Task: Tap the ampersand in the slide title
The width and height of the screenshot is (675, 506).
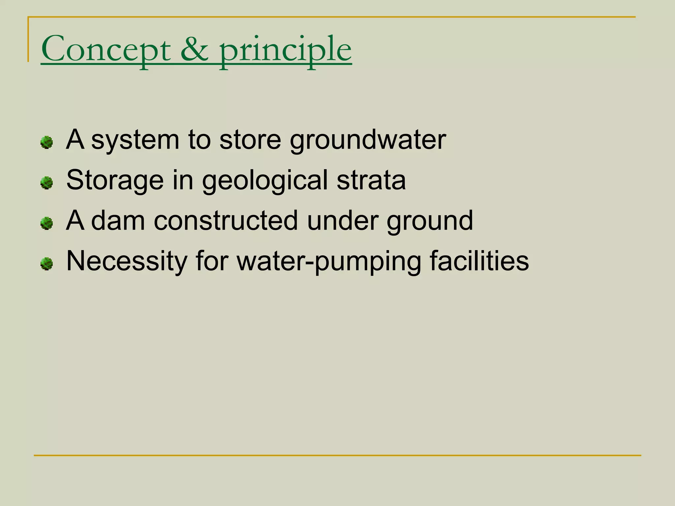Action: coord(194,49)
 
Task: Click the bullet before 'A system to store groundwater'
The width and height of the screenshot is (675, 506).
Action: coord(46,142)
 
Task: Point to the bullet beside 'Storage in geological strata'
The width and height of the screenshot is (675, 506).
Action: coord(46,183)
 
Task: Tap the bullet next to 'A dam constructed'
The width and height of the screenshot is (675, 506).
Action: coord(46,223)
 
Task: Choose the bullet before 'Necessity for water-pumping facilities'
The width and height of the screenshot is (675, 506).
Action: coord(46,264)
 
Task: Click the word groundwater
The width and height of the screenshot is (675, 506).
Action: coord(368,140)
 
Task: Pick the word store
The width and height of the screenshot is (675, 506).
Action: coord(250,140)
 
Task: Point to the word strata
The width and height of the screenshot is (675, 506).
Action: coord(371,180)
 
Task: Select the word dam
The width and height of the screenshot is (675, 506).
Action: coord(118,221)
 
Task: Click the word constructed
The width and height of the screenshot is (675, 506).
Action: coord(226,221)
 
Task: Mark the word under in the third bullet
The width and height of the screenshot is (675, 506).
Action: coord(342,221)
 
